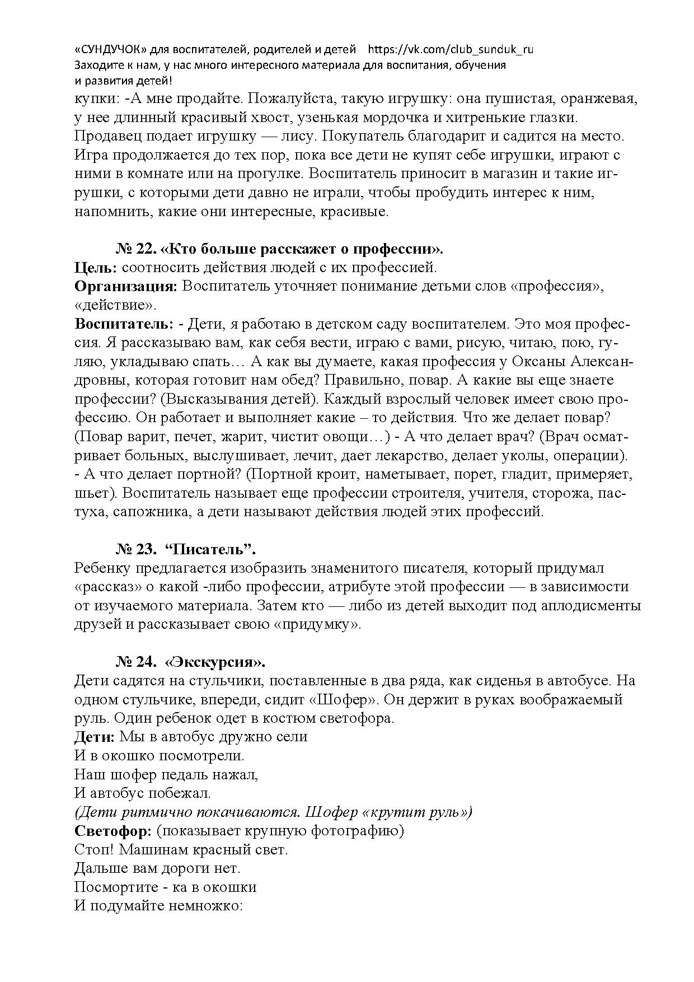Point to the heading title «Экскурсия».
coord(214,662)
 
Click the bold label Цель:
coord(96,268)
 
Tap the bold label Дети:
coord(95,737)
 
